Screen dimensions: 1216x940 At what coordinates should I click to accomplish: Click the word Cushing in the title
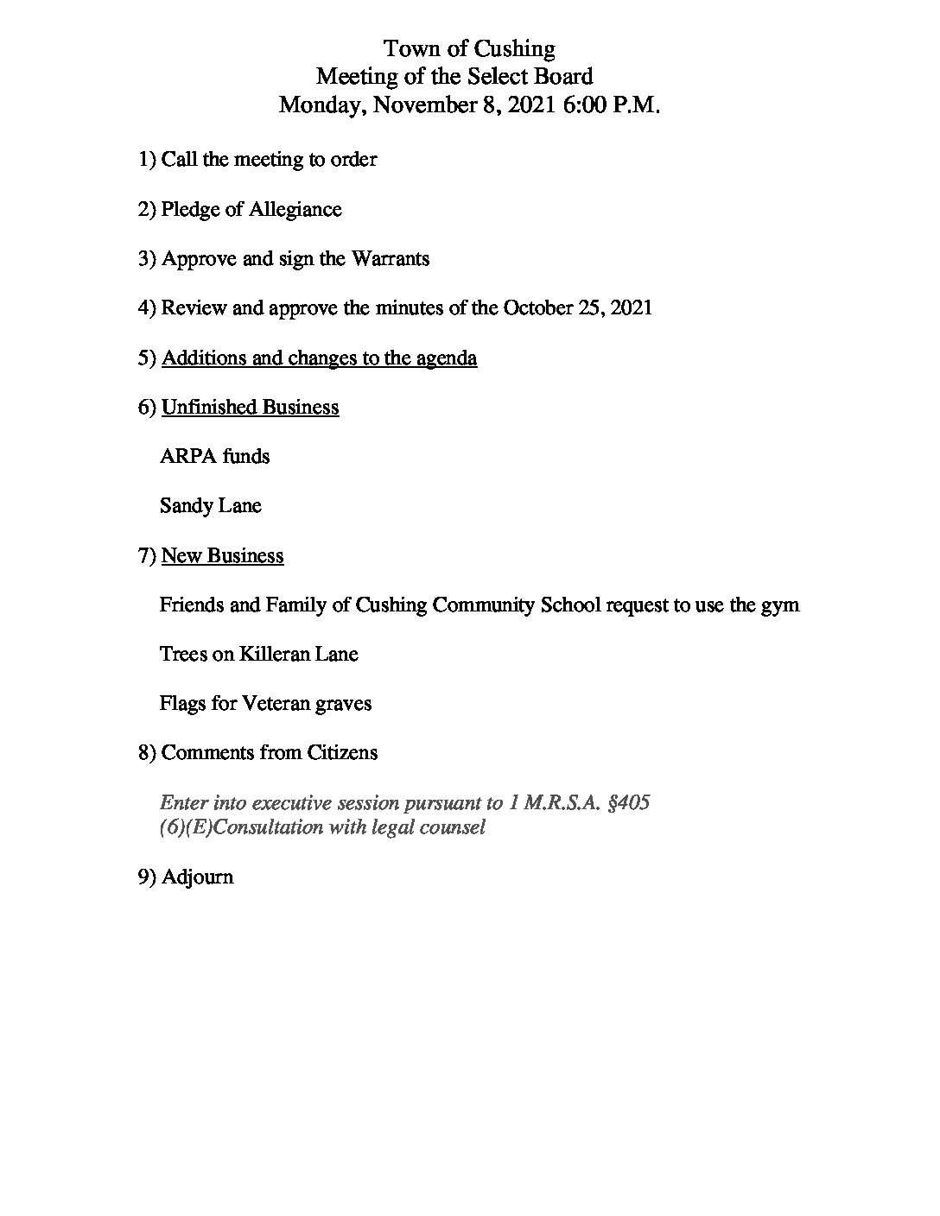[514, 48]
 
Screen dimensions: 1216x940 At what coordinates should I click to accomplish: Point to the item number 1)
[147, 160]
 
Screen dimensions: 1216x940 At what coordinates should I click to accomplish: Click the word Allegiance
[295, 210]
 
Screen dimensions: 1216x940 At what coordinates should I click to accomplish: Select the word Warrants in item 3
[390, 259]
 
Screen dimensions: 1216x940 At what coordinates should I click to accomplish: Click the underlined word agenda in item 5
[446, 358]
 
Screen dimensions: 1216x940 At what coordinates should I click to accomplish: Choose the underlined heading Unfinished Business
[250, 407]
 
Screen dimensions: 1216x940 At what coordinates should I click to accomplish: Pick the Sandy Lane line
[210, 505]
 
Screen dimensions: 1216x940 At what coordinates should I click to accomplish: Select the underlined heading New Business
[222, 555]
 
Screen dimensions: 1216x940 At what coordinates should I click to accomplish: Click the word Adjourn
[197, 877]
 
